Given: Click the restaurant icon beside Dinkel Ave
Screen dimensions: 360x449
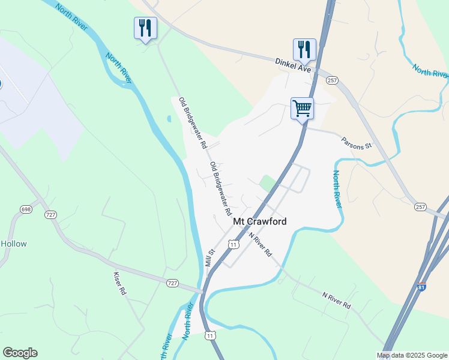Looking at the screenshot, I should (x=304, y=49).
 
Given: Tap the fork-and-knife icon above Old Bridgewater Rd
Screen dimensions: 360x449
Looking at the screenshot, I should (x=145, y=28).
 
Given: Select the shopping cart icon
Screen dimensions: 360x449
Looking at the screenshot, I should (x=302, y=109).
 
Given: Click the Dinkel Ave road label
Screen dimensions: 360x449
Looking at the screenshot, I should (x=293, y=65).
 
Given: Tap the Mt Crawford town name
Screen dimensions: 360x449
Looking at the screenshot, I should (x=259, y=221).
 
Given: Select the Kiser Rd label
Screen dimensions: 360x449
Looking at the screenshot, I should (x=120, y=284).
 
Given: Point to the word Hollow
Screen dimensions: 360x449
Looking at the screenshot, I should (x=13, y=244).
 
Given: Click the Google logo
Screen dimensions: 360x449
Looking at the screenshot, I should (x=20, y=353).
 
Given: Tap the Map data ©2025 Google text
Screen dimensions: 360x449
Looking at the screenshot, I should (x=412, y=355).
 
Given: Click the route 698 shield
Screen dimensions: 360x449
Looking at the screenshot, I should (x=25, y=209).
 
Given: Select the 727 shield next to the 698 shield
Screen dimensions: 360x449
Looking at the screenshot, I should (x=50, y=214).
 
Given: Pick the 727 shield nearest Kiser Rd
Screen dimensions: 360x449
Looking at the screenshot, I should (x=172, y=283).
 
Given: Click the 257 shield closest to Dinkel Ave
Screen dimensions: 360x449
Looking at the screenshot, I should (x=333, y=80).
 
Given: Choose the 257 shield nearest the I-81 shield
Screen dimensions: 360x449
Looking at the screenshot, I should (x=421, y=206).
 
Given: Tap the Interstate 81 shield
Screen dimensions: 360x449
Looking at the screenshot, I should (x=421, y=287).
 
